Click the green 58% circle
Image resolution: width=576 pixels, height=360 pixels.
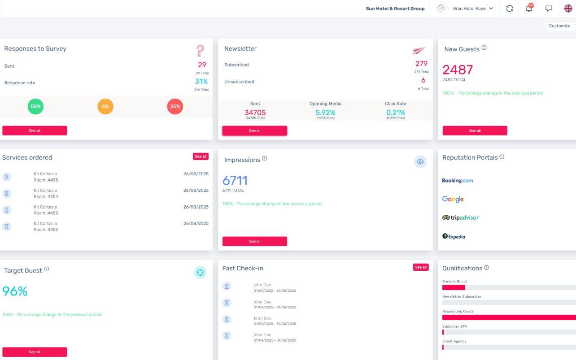pos(35,106)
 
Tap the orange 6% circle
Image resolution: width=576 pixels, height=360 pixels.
pos(105,106)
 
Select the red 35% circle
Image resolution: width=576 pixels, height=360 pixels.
pos(175,106)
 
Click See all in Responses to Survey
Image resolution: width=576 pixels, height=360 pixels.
pos(35,130)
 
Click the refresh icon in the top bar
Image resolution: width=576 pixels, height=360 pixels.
pos(510,9)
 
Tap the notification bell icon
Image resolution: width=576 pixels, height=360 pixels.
pos(529,9)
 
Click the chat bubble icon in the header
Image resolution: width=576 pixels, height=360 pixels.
pos(549,9)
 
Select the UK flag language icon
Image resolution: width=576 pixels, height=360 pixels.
pos(568,9)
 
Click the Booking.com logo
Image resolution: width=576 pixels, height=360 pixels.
pos(458,180)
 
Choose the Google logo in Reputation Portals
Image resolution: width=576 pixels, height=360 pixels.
pos(453,199)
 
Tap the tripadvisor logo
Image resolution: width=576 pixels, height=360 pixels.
pos(461,217)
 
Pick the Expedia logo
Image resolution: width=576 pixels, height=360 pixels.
pos(454,236)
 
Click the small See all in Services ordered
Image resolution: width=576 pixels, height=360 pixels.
pos(201,156)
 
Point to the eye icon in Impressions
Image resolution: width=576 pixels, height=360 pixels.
pos(420,162)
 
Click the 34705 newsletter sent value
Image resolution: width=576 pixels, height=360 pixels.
pos(255,113)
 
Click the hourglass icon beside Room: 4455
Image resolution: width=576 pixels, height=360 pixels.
pos(7,177)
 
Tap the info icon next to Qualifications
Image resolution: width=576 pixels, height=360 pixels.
pos(486,268)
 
